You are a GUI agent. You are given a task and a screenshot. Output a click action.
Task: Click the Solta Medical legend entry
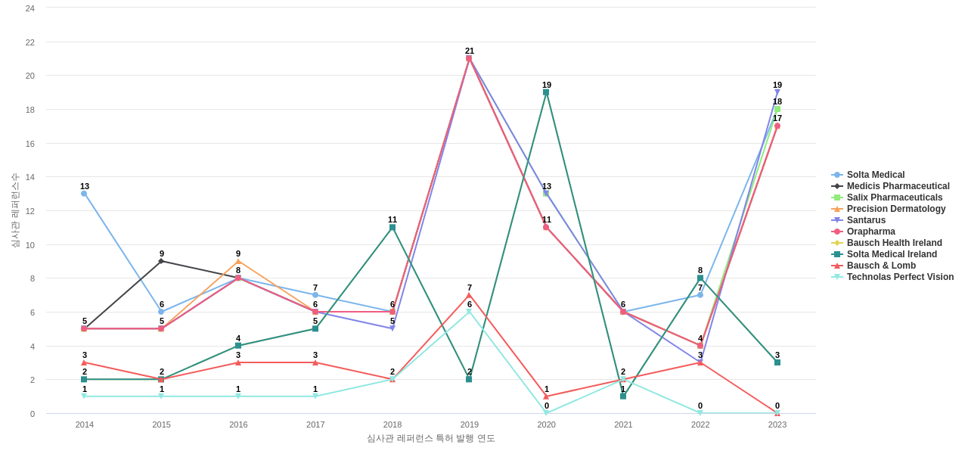click(875, 175)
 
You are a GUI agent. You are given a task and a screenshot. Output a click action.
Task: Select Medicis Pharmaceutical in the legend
click(898, 186)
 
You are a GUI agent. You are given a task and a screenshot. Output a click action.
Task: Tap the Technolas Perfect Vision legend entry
click(900, 277)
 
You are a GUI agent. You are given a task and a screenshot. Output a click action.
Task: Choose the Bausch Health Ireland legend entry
click(894, 243)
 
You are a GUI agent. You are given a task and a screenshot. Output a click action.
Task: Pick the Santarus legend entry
click(866, 220)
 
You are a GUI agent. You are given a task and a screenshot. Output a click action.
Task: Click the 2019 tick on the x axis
click(469, 424)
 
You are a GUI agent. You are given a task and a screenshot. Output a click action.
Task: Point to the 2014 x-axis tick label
click(85, 424)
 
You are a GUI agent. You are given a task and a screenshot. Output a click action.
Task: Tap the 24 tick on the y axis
click(30, 8)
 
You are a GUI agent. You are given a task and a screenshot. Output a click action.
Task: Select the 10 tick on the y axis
click(30, 245)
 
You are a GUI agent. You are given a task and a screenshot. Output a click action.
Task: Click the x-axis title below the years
click(431, 438)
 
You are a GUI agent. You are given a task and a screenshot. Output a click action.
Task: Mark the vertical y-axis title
click(15, 210)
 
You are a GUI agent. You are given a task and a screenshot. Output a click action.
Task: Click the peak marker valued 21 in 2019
click(469, 58)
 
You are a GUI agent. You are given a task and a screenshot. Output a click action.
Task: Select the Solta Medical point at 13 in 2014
click(84, 194)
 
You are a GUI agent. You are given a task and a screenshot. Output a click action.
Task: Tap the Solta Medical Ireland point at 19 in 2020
click(546, 92)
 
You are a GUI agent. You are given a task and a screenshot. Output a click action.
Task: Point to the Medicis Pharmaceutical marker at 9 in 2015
click(161, 261)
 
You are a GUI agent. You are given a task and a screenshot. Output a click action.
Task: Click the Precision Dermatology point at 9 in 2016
click(238, 262)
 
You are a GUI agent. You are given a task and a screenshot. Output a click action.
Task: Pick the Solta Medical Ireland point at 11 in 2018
click(392, 227)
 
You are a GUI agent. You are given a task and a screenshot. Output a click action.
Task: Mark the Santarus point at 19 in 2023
click(777, 92)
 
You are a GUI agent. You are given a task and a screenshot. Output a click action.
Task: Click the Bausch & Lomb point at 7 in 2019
click(469, 295)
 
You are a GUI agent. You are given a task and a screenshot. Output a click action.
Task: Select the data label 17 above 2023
click(777, 118)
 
